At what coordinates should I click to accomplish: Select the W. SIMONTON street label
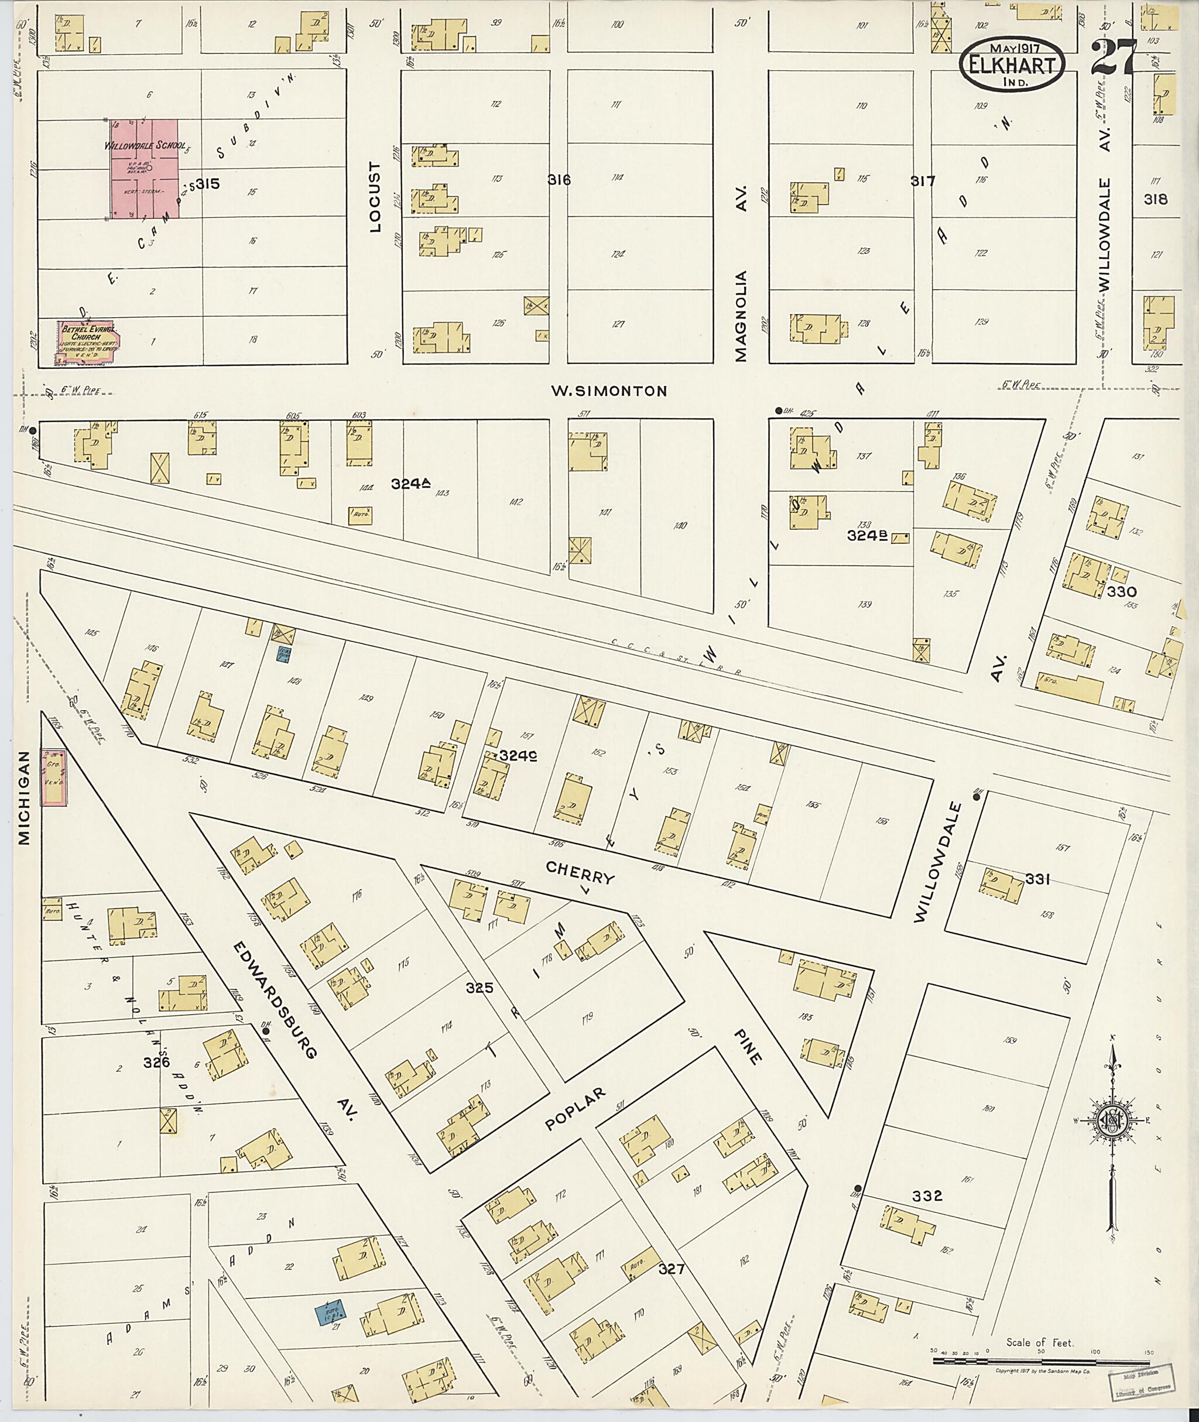[608, 391]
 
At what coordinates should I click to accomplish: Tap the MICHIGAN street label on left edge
[25, 797]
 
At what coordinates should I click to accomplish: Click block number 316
[559, 180]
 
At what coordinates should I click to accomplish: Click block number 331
[1038, 879]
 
